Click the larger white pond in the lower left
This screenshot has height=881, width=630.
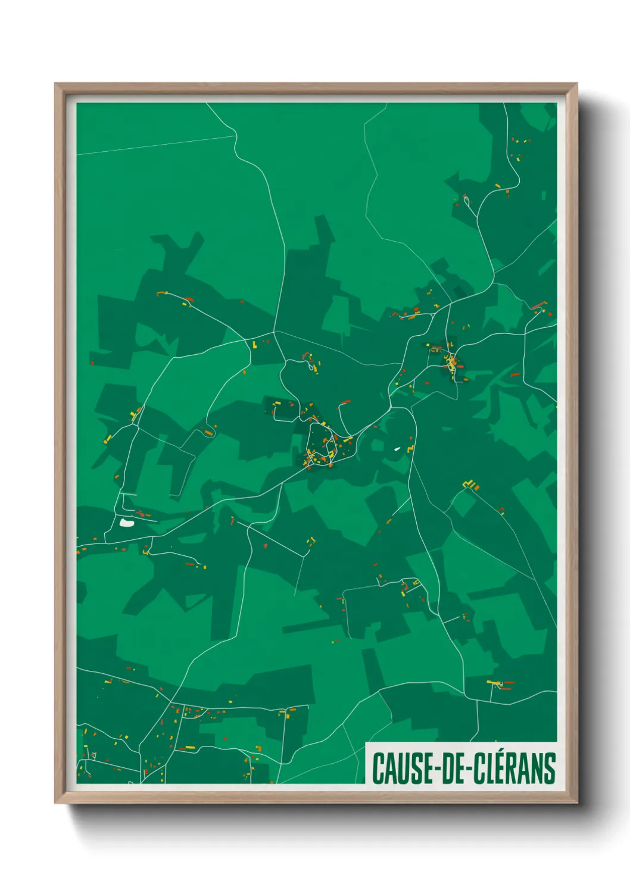tap(126, 523)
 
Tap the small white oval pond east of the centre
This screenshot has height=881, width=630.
tap(397, 449)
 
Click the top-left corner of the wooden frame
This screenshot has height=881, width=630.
tap(55, 84)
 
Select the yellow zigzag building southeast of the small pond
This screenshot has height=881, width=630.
tap(472, 485)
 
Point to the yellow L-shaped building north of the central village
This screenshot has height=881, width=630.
tap(255, 344)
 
